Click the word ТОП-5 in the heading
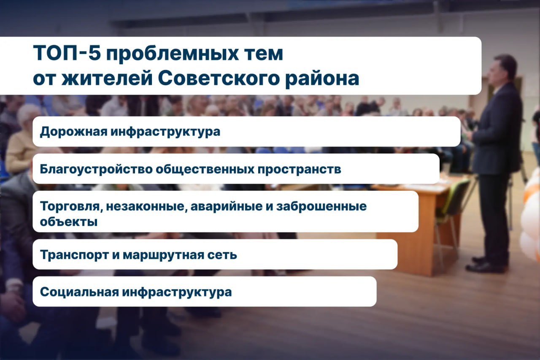click(x=67, y=53)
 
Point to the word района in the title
click(x=322, y=80)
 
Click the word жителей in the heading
click(x=107, y=78)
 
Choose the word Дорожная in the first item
click(x=73, y=132)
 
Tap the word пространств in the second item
click(x=299, y=170)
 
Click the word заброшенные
click(x=321, y=206)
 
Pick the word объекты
click(x=69, y=221)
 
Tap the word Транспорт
click(x=74, y=255)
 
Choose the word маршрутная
click(x=163, y=255)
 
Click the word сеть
click(x=222, y=255)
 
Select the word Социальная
click(x=79, y=292)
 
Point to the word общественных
click(x=205, y=170)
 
